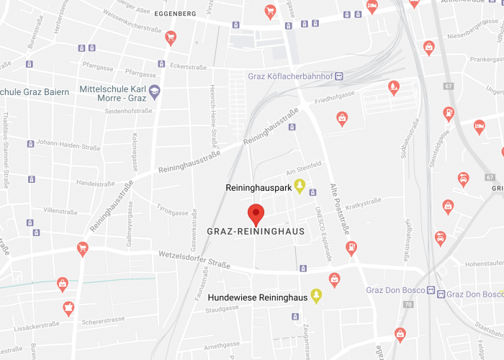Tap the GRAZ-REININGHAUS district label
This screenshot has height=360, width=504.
pyautogui.click(x=256, y=232)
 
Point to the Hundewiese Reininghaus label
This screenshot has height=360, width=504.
pyautogui.click(x=258, y=297)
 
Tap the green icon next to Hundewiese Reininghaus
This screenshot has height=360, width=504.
pyautogui.click(x=315, y=297)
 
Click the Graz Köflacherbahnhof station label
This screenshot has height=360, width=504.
pyautogui.click(x=289, y=76)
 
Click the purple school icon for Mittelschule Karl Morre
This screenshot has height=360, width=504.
pyautogui.click(x=155, y=93)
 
